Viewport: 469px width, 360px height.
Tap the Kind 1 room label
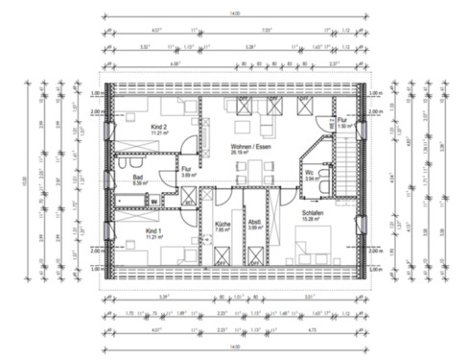152,231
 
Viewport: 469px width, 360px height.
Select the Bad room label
137,177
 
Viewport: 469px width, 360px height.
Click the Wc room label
312,174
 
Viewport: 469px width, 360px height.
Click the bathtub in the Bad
130,199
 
